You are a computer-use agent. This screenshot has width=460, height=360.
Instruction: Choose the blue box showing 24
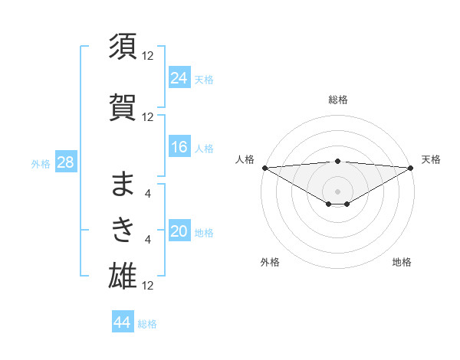(x=179, y=78)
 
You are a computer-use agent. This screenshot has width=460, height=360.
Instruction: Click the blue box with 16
(x=179, y=147)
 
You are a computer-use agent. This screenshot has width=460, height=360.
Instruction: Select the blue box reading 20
(x=179, y=232)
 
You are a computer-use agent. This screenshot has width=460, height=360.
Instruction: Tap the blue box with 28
(x=65, y=163)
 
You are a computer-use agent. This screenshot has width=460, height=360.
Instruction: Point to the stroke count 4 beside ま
(x=148, y=194)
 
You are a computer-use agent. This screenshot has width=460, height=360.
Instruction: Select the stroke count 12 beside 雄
(x=148, y=285)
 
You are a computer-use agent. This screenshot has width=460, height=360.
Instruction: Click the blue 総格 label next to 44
(x=148, y=324)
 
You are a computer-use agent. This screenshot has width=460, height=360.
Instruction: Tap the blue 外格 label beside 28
(x=40, y=164)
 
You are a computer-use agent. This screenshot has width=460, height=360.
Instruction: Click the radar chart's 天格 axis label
(x=431, y=159)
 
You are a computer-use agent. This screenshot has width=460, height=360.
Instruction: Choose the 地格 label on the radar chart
(x=402, y=262)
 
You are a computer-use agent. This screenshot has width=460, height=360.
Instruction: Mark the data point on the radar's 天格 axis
(x=410, y=168)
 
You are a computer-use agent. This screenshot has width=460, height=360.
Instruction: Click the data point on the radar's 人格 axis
(x=264, y=168)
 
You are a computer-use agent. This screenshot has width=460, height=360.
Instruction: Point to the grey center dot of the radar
(x=337, y=191)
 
